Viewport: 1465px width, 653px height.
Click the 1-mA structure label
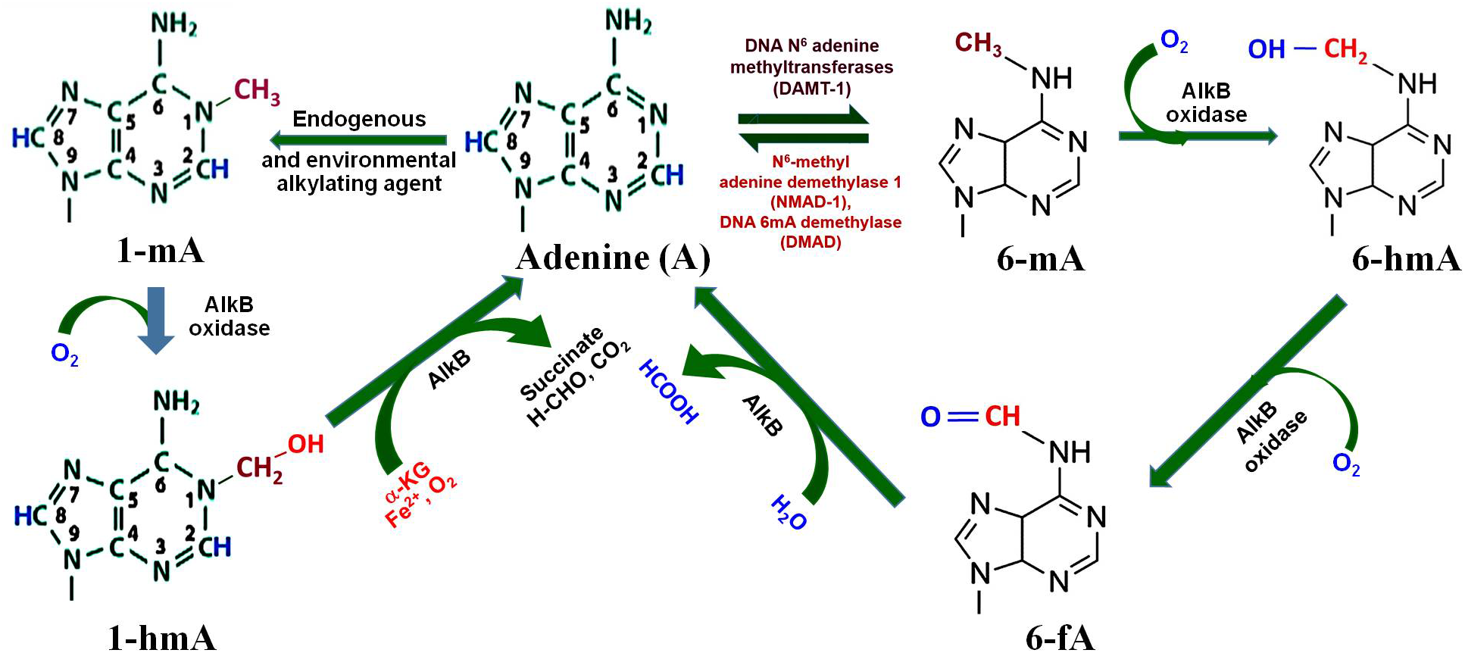[160, 250]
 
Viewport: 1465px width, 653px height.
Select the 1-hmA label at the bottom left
[162, 637]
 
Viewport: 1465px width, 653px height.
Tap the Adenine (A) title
[613, 258]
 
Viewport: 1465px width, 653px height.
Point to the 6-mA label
[1040, 259]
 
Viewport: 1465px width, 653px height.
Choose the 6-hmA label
[1406, 259]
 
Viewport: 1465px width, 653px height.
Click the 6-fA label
[1060, 637]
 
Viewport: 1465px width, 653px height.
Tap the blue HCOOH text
[668, 391]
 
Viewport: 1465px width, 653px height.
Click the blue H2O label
[789, 512]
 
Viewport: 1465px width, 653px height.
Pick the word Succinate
[561, 364]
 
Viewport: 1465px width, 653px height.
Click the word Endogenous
[359, 119]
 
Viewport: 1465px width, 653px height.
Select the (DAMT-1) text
[811, 89]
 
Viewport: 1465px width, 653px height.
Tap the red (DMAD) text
[811, 242]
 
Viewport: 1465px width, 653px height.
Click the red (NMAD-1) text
[811, 202]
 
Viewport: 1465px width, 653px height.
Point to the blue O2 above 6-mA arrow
[1173, 42]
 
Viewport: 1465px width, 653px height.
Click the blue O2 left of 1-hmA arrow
[64, 354]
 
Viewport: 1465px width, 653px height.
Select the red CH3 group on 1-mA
[257, 91]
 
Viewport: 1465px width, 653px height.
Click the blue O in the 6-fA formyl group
[930, 417]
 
